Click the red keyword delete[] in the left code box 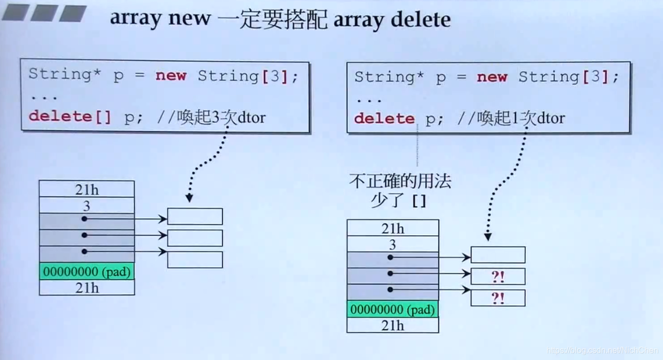point(70,116)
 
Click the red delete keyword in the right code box point(384,119)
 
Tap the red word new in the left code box point(171,75)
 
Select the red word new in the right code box point(492,77)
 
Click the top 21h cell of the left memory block point(87,189)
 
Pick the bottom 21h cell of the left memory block point(87,287)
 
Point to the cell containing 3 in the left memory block point(87,206)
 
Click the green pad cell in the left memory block point(87,271)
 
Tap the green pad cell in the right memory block point(393,309)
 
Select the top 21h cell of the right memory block point(393,228)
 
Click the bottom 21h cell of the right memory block point(393,325)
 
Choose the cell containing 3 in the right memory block point(393,244)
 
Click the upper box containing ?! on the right point(498,276)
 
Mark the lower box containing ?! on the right point(498,298)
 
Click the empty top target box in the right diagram point(498,255)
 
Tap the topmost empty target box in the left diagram point(195,217)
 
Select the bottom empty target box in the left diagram point(195,259)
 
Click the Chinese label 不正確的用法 point(400,181)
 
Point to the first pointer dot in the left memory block point(85,219)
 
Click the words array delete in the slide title point(392,19)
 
